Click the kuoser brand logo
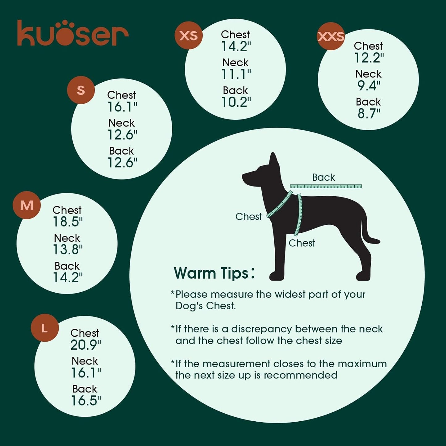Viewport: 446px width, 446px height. [x=73, y=33]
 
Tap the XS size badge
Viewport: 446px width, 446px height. [x=189, y=35]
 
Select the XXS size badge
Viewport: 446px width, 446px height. [x=331, y=36]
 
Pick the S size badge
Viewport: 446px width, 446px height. [x=81, y=90]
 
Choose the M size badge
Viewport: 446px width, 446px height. [x=27, y=205]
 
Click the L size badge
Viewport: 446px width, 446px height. [x=45, y=328]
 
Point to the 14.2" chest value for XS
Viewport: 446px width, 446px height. [x=236, y=47]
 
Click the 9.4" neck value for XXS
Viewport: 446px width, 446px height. [x=369, y=85]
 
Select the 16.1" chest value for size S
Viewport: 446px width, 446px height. [x=122, y=107]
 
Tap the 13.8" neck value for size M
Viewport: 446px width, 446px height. [x=68, y=249]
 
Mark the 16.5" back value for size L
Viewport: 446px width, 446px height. [x=86, y=401]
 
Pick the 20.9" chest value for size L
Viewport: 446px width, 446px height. [x=85, y=345]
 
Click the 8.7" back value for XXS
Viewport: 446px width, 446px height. [x=369, y=114]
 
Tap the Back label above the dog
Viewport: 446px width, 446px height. [x=323, y=177]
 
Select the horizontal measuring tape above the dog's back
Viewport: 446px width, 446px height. [x=326, y=186]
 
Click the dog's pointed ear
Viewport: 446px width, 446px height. [x=273, y=160]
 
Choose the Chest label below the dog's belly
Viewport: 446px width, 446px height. [x=302, y=243]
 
